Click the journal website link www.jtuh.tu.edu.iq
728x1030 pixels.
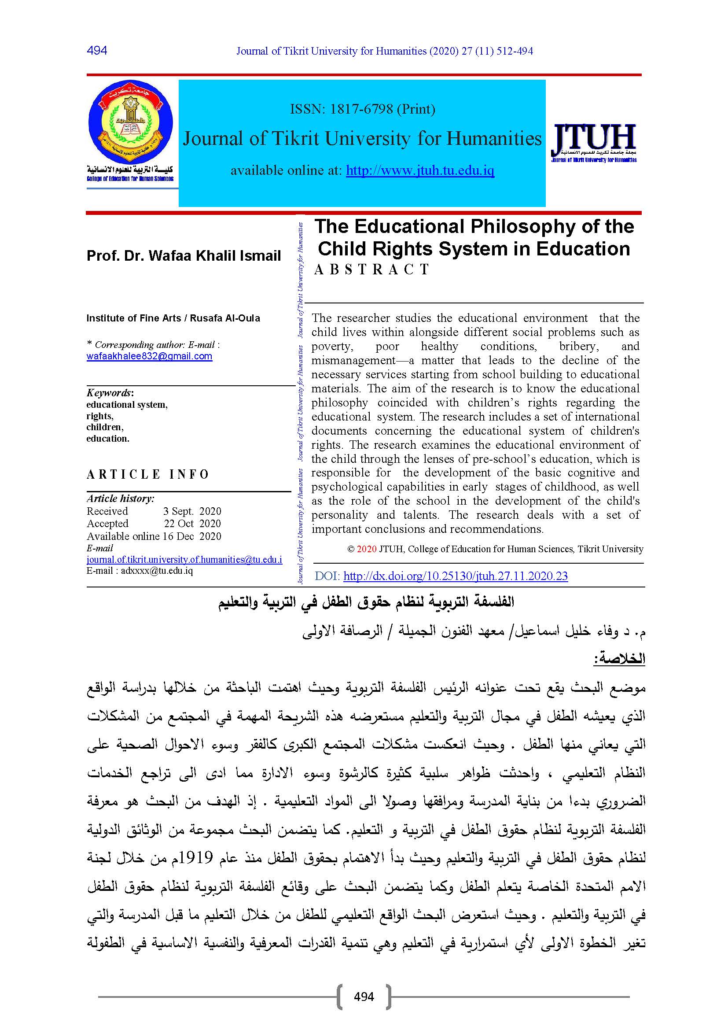[x=420, y=170]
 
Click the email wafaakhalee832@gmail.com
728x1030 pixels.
[x=149, y=356]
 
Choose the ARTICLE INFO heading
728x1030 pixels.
[x=148, y=474]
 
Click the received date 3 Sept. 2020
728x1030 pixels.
[x=192, y=511]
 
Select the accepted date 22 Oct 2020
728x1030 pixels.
[x=192, y=524]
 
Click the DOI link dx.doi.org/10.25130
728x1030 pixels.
[x=455, y=576]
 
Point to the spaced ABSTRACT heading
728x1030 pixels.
[x=372, y=269]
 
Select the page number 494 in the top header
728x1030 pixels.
[x=97, y=50]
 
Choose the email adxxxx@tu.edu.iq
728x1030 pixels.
[x=156, y=571]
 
